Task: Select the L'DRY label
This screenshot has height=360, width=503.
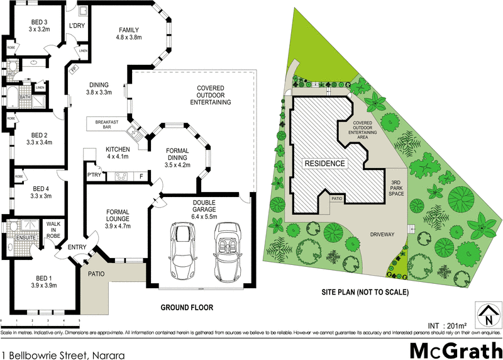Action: [77, 26]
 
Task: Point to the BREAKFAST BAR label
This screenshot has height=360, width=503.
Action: [108, 125]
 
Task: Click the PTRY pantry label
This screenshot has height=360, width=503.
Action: [94, 176]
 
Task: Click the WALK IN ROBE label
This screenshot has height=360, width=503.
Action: [53, 231]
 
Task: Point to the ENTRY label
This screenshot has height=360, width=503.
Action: [77, 247]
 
